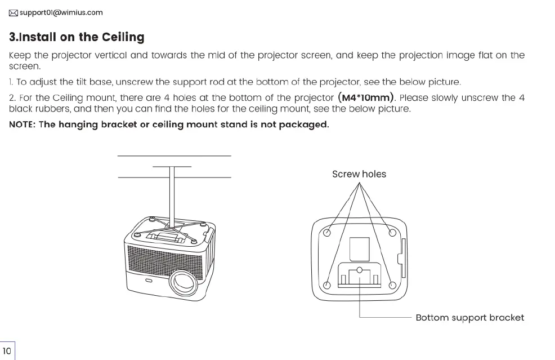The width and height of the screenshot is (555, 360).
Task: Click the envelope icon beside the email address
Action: pyautogui.click(x=14, y=12)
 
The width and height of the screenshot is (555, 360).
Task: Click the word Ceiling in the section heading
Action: pyautogui.click(x=123, y=37)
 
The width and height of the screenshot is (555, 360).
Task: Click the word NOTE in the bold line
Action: pyautogui.click(x=22, y=125)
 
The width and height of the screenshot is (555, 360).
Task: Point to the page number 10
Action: pyautogui.click(x=7, y=350)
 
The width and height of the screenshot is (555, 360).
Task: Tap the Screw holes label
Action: pyautogui.click(x=359, y=174)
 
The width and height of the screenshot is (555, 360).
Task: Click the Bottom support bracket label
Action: pyautogui.click(x=469, y=317)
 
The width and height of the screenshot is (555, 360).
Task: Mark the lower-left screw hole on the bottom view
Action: pyautogui.click(x=326, y=283)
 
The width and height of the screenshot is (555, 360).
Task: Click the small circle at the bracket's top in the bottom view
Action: pyautogui.click(x=360, y=268)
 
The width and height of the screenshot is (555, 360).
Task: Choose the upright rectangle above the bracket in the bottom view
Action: pyautogui.click(x=360, y=248)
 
